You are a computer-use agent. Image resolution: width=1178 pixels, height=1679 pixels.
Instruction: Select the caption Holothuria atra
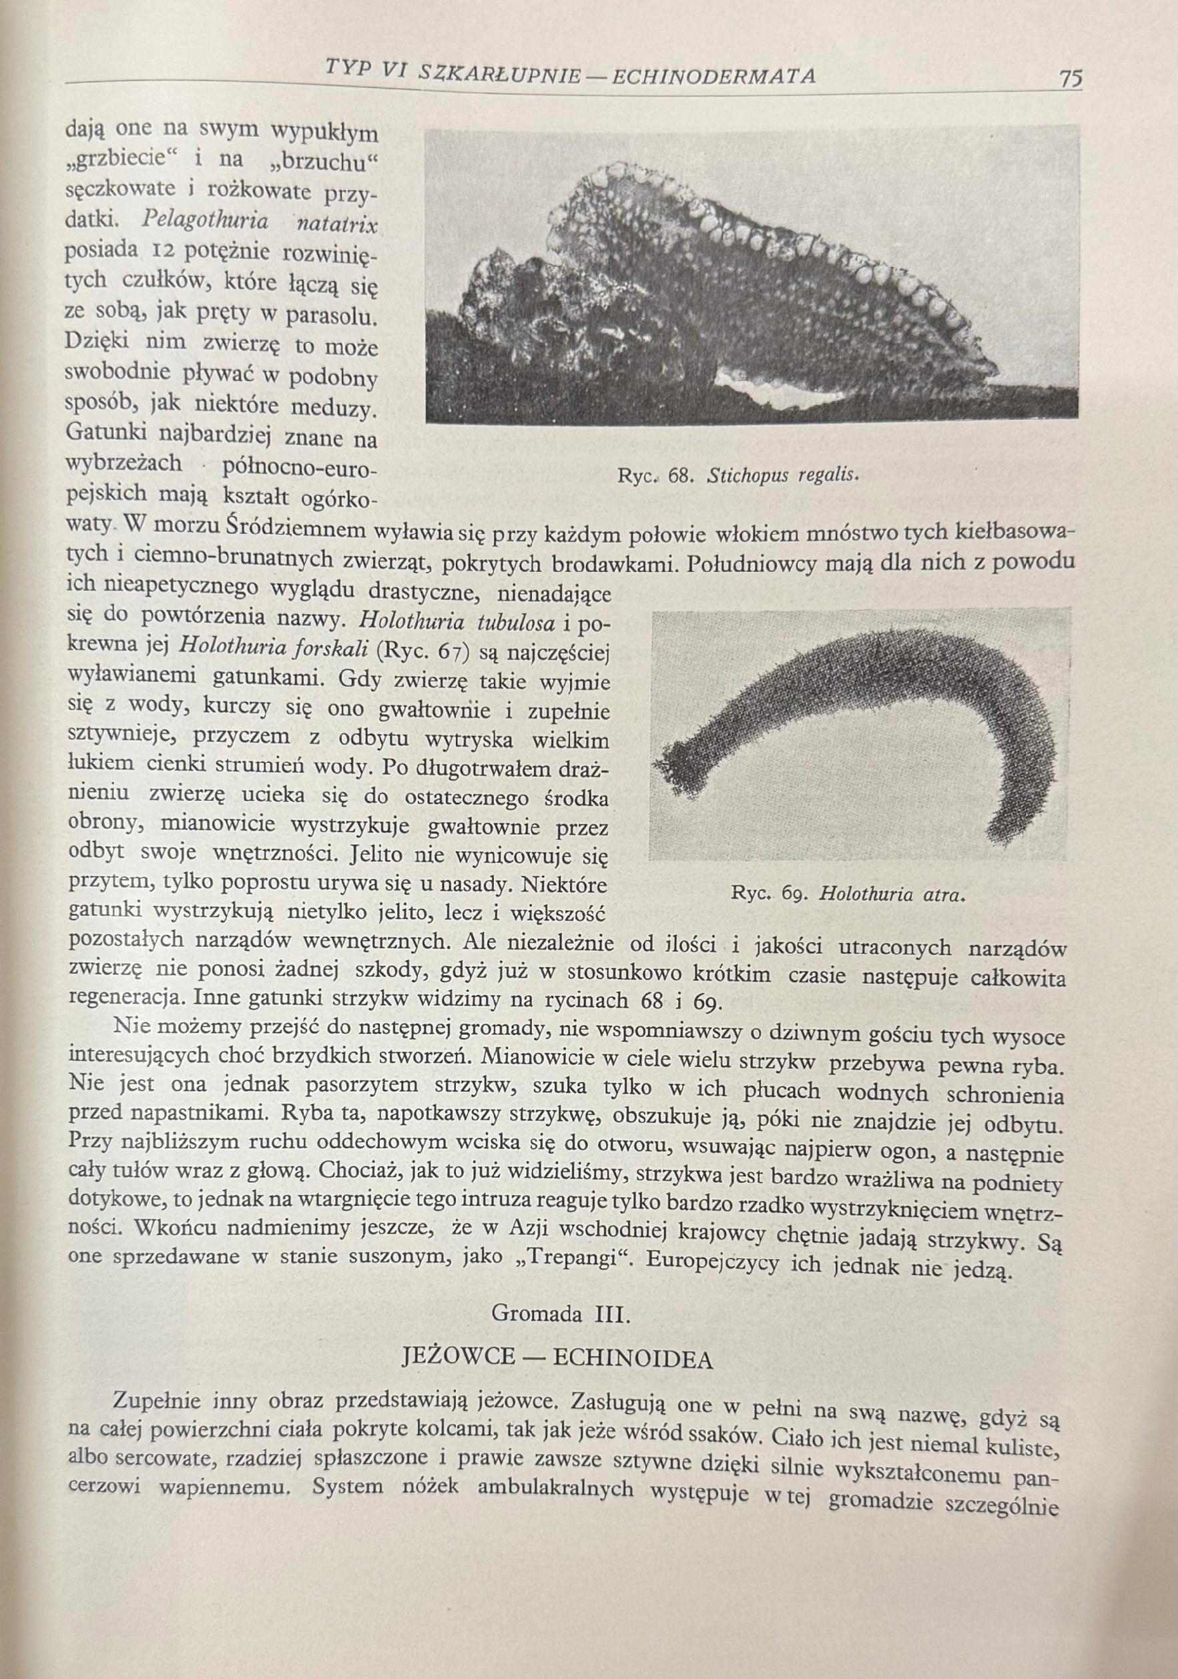tap(888, 894)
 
